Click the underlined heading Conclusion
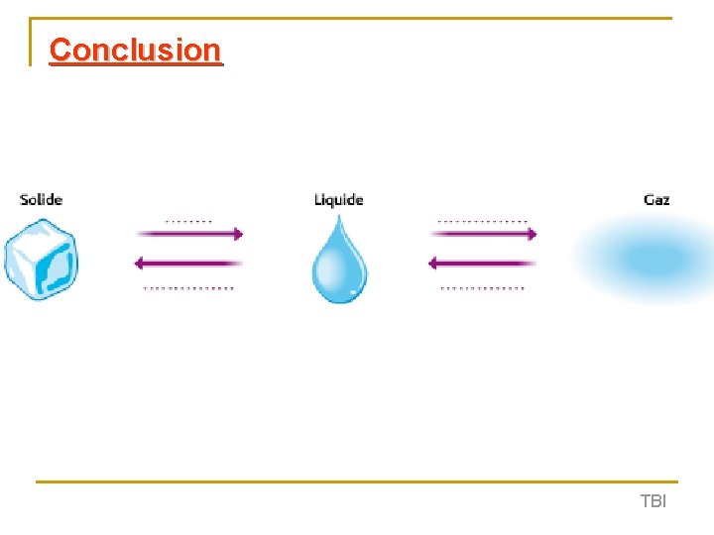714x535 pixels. pyautogui.click(x=135, y=50)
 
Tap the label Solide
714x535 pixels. pyautogui.click(x=41, y=199)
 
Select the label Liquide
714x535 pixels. pyautogui.click(x=339, y=199)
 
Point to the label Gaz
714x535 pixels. pyautogui.click(x=656, y=199)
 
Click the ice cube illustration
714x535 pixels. pyautogui.click(x=42, y=260)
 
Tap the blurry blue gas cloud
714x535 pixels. pyautogui.click(x=640, y=260)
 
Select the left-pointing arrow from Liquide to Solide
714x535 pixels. pyautogui.click(x=188, y=263)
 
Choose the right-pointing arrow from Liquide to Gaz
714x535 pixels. pyautogui.click(x=484, y=234)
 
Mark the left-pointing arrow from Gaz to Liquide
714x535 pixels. pyautogui.click(x=482, y=263)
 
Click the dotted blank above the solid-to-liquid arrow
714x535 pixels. pyautogui.click(x=187, y=219)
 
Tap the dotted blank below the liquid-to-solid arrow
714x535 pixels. pyautogui.click(x=188, y=288)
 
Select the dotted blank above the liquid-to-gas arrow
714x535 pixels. pyautogui.click(x=483, y=220)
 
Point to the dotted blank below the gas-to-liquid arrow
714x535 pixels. pyautogui.click(x=483, y=288)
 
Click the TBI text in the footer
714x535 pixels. pyautogui.click(x=654, y=501)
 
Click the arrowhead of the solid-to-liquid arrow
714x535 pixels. pyautogui.click(x=236, y=234)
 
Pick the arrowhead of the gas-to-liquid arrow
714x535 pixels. pyautogui.click(x=433, y=263)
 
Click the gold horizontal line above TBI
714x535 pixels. pyautogui.click(x=357, y=482)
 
